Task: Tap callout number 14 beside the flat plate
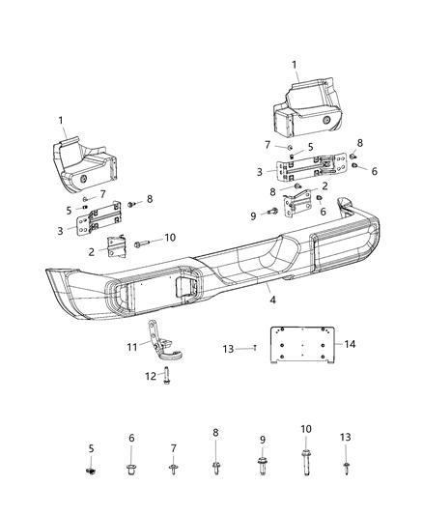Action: (352, 344)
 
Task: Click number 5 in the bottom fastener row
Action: (91, 447)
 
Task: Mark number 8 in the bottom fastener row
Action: (214, 435)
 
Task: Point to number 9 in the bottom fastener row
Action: (261, 440)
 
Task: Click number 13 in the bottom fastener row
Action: (345, 437)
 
